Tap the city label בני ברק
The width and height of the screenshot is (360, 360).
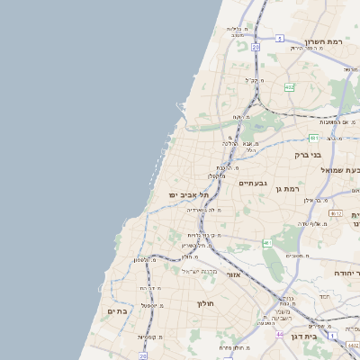[308, 155]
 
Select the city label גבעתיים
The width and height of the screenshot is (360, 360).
[251, 183]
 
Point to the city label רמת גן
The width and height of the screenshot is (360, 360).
[286, 189]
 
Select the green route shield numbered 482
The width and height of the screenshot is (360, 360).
[289, 87]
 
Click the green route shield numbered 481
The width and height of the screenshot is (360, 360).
[313, 139]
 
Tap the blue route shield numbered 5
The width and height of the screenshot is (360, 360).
[280, 39]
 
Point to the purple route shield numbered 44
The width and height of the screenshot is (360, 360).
[280, 334]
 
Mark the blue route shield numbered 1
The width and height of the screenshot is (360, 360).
[332, 334]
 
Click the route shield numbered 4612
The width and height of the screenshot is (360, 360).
[336, 213]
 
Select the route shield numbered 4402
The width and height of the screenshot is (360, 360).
[352, 345]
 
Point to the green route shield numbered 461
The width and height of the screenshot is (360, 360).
[267, 243]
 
